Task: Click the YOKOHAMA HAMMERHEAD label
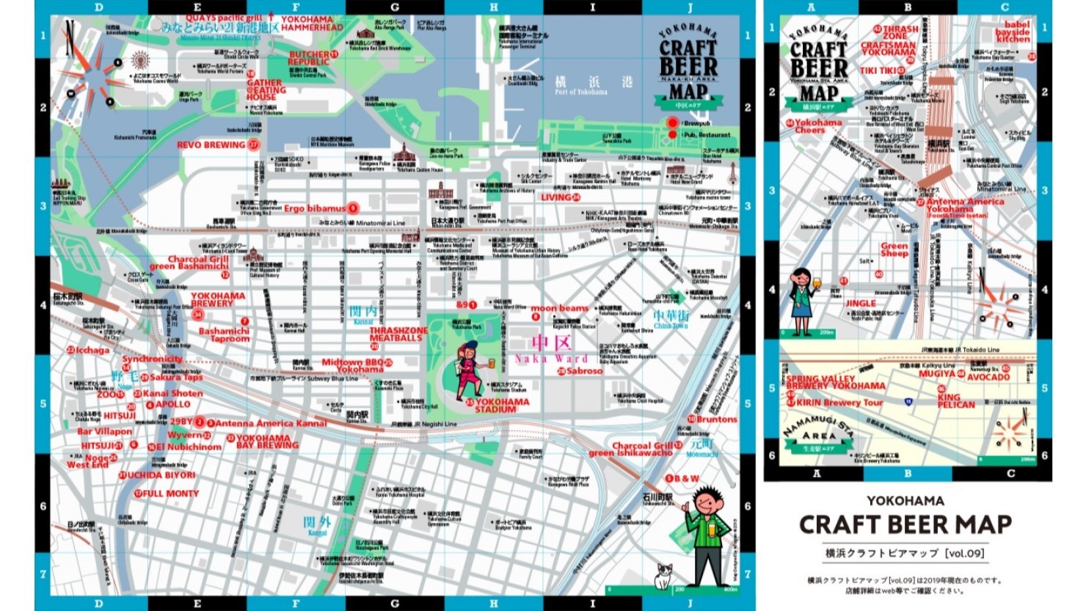point(312,23)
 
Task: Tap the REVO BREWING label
point(211,145)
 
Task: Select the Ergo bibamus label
point(315,208)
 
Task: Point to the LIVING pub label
point(556,197)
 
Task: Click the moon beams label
point(559,309)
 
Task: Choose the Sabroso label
point(584,371)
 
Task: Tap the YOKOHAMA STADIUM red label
point(502,406)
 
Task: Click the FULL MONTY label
point(170,494)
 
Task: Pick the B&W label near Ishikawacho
point(687,478)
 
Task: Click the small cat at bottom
point(663,577)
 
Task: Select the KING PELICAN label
point(956,400)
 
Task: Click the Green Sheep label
point(894,249)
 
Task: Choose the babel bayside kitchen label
point(1013,32)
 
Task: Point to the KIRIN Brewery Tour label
point(839,403)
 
